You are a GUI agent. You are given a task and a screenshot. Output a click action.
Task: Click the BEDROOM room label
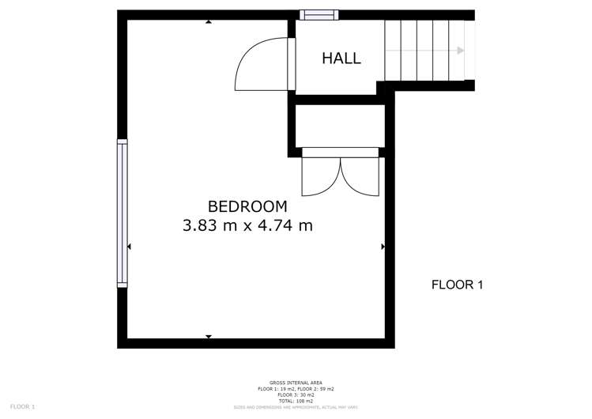click(x=247, y=206)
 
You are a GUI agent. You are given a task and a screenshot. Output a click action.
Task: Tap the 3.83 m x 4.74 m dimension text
click(x=247, y=225)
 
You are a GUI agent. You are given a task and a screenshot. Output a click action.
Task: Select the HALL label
click(x=341, y=59)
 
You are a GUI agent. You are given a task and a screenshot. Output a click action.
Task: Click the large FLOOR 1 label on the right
click(x=457, y=285)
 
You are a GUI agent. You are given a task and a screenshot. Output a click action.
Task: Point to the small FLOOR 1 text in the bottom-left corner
click(x=22, y=406)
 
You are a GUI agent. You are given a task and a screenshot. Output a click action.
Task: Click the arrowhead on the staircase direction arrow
click(x=460, y=51)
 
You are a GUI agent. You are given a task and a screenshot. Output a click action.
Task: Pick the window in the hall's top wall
click(x=319, y=14)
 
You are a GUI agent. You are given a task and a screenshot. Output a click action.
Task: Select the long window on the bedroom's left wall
click(x=122, y=213)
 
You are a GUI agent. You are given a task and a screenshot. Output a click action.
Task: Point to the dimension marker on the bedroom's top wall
click(x=209, y=22)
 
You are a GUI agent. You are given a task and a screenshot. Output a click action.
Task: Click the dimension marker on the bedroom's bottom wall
click(x=209, y=337)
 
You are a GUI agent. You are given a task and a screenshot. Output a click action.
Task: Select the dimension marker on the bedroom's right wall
click(x=383, y=247)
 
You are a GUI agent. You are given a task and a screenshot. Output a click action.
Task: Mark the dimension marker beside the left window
click(x=129, y=247)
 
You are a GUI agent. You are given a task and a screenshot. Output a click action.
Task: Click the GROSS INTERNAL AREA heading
click(x=296, y=383)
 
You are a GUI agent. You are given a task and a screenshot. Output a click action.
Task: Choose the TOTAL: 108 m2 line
click(x=296, y=401)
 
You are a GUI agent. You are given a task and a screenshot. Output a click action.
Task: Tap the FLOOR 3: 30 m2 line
click(x=296, y=394)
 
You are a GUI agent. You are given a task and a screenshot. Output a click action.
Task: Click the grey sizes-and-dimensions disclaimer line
click(x=296, y=407)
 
